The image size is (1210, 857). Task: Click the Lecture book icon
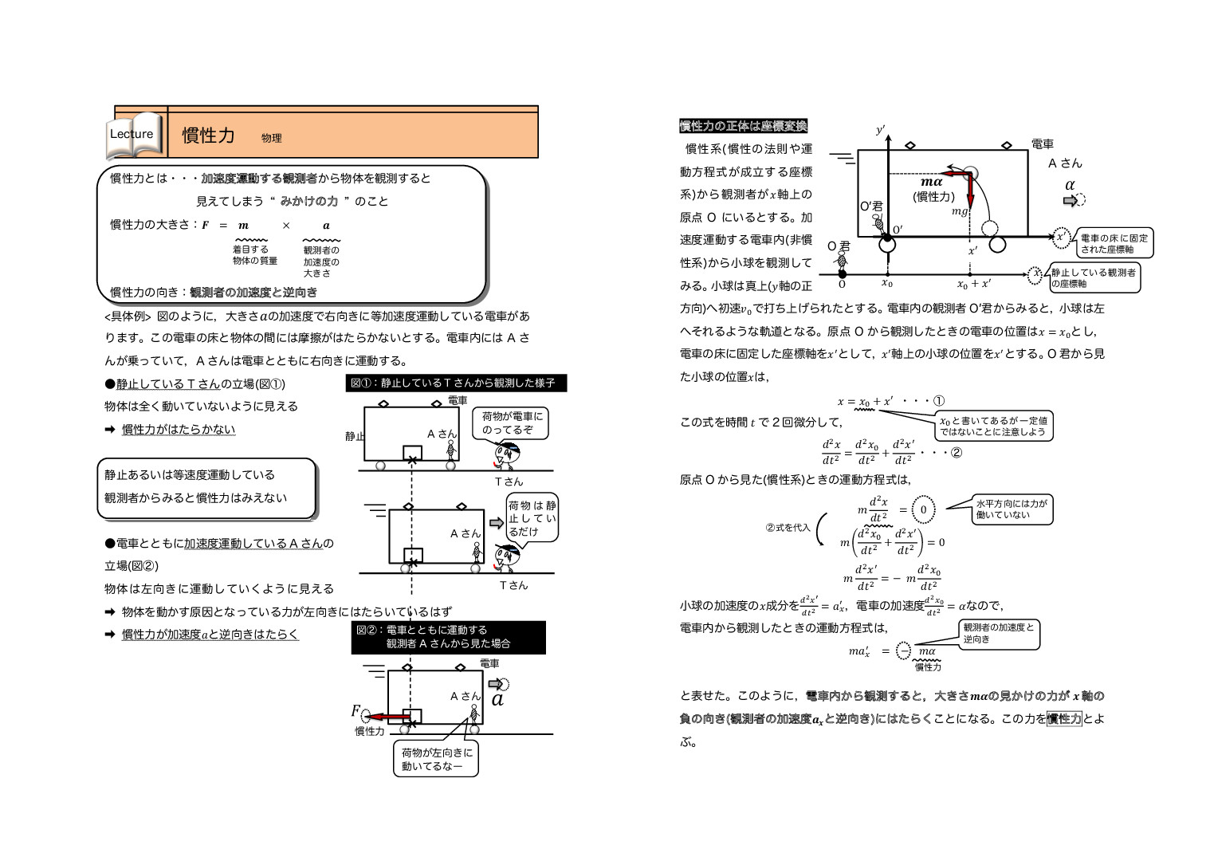(134, 135)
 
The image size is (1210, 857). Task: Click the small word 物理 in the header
(271, 138)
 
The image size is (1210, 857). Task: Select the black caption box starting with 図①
(455, 383)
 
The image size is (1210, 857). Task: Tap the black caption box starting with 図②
(448, 637)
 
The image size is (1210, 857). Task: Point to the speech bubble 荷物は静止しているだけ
(532, 517)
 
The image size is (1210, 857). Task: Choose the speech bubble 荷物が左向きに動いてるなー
(437, 759)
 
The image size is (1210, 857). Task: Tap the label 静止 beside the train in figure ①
(355, 436)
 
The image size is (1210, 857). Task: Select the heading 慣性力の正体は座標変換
(743, 126)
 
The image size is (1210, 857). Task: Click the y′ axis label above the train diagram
(881, 130)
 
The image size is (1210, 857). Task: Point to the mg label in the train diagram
(960, 211)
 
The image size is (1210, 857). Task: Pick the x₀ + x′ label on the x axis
(974, 284)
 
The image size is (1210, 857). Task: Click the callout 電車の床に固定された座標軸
(1114, 243)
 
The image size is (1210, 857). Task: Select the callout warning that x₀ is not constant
(993, 426)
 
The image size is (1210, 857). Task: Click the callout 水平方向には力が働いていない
(1012, 509)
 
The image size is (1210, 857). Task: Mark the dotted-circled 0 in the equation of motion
(923, 509)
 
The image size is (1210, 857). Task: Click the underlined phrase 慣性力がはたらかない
(179, 429)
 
